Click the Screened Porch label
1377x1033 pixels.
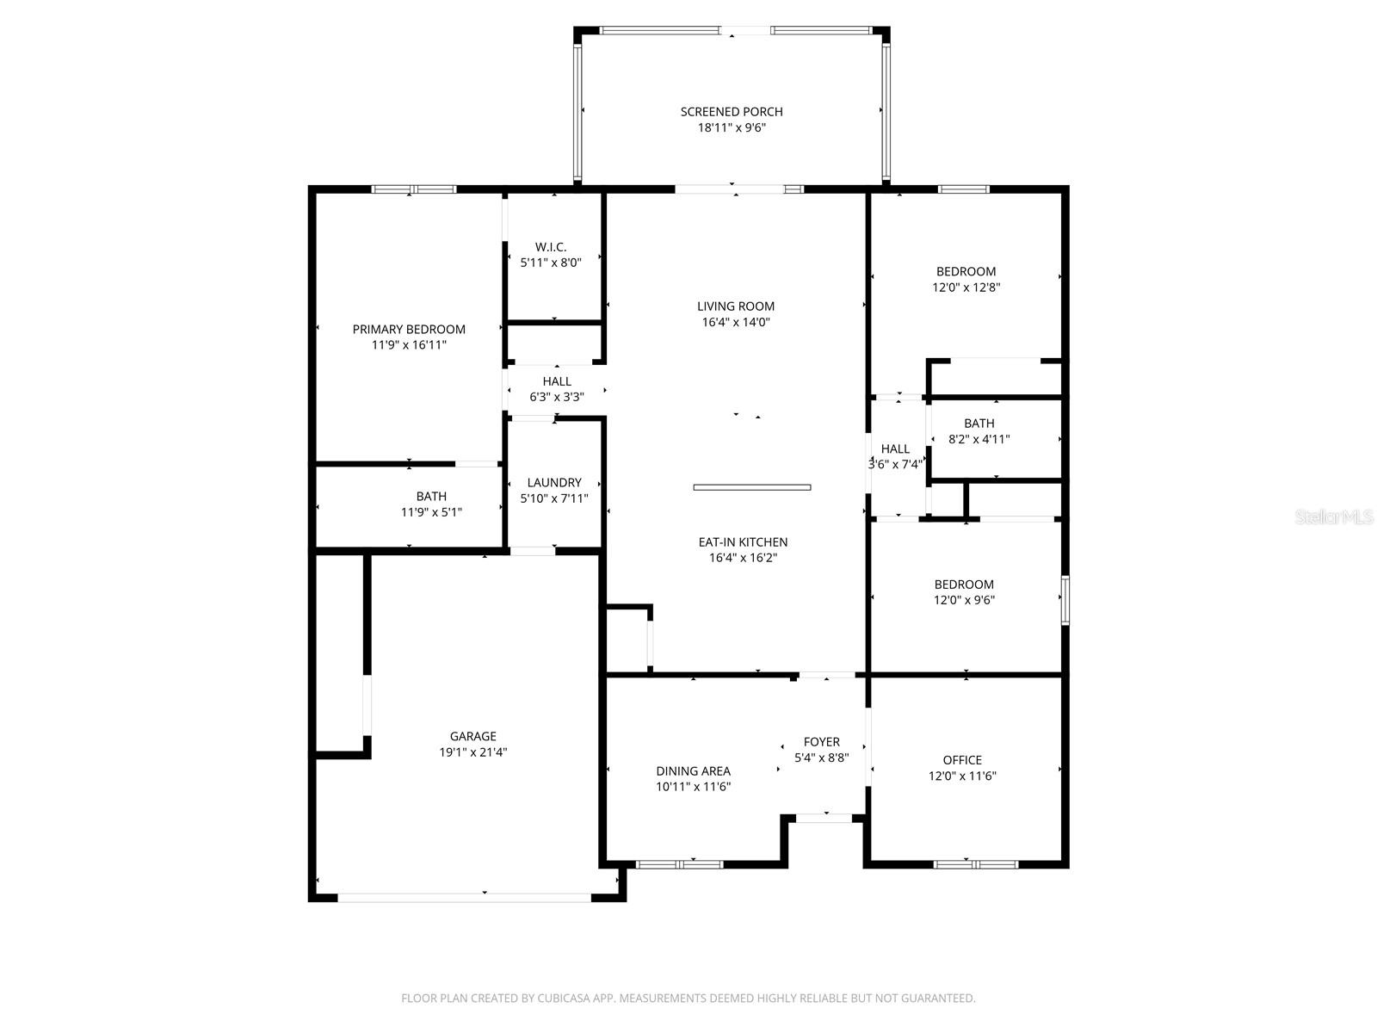pyautogui.click(x=732, y=112)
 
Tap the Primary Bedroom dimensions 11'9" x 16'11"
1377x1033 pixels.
pyautogui.click(x=409, y=345)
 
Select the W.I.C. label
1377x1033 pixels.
pyautogui.click(x=551, y=247)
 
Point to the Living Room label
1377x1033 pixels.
pyautogui.click(x=736, y=306)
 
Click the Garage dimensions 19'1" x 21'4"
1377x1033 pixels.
pyautogui.click(x=473, y=752)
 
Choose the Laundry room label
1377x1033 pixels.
pyautogui.click(x=554, y=482)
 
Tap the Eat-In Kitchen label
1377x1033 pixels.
pyautogui.click(x=743, y=542)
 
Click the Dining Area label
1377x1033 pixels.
pyautogui.click(x=693, y=770)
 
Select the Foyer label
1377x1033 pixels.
pyautogui.click(x=822, y=742)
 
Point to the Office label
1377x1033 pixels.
pyautogui.click(x=962, y=760)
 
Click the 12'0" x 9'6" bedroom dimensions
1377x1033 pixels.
pyautogui.click(x=964, y=600)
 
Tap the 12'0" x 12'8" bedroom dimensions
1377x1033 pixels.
pyautogui.click(x=966, y=288)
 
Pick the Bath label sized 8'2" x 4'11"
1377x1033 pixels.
pyautogui.click(x=979, y=424)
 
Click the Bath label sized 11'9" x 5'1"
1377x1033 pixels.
pyautogui.click(x=432, y=496)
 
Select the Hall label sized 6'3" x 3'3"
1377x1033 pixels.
pyautogui.click(x=557, y=381)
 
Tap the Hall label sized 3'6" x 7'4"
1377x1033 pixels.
pyautogui.click(x=895, y=449)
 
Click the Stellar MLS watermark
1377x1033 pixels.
pyautogui.click(x=1334, y=516)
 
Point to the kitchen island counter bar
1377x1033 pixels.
pyautogui.click(x=752, y=487)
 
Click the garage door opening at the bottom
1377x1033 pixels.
pyautogui.click(x=464, y=898)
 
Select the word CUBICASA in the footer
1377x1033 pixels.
pyautogui.click(x=564, y=998)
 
